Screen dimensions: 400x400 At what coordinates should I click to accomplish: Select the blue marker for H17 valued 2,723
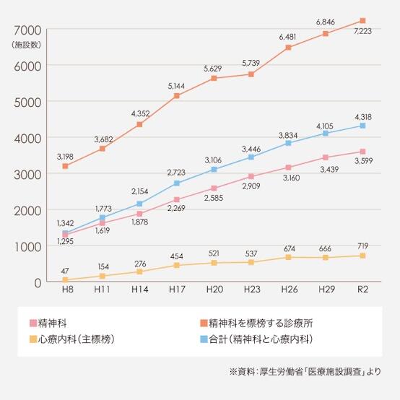click(176, 183)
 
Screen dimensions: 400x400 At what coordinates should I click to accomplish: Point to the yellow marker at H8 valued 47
click(65, 280)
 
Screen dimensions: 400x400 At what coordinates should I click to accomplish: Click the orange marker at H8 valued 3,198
click(65, 166)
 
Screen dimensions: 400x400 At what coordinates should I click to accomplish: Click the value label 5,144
click(176, 85)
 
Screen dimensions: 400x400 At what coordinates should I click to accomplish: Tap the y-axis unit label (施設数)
click(26, 45)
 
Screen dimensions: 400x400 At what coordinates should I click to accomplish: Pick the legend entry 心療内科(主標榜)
click(82, 339)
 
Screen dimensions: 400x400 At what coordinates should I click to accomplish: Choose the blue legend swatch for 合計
click(204, 339)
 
